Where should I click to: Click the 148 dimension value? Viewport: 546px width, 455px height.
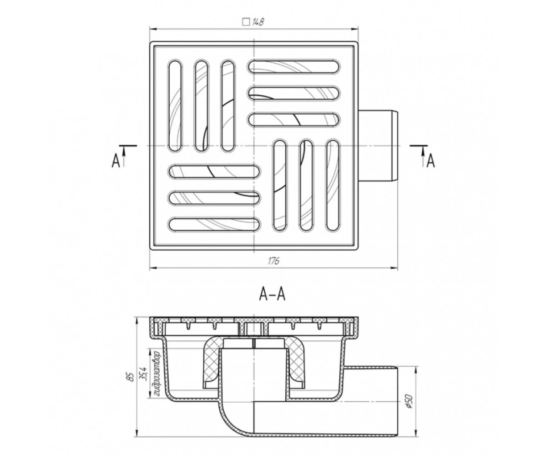[258, 22]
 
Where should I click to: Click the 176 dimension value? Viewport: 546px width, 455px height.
[273, 261]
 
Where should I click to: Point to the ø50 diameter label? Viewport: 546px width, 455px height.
[409, 402]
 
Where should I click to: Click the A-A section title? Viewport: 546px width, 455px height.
[272, 295]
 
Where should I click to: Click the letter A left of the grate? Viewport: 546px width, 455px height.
[116, 161]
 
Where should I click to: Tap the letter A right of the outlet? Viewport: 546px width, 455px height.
[431, 161]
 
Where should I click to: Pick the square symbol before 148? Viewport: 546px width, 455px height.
[246, 22]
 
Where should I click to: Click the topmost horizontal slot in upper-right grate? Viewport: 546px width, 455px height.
[294, 66]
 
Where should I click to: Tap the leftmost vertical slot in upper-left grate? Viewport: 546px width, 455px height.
[174, 106]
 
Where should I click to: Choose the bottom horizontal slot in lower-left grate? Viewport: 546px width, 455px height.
[214, 224]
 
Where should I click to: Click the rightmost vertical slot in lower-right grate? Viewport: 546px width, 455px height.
[333, 185]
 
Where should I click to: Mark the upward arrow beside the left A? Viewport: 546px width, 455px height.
[124, 157]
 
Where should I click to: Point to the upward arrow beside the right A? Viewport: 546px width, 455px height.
[422, 157]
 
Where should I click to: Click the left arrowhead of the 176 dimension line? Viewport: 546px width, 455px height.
[154, 268]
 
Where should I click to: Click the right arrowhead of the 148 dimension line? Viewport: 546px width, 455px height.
[354, 29]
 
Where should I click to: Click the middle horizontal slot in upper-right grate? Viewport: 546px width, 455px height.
[294, 93]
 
